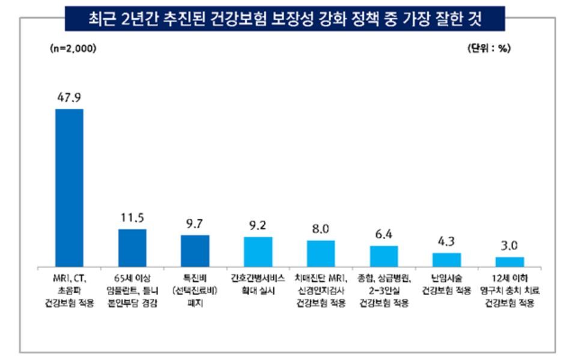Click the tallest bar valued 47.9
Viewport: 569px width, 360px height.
(69, 188)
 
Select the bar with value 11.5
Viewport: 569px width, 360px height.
(132, 248)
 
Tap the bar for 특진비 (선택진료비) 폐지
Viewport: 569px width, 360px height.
(195, 251)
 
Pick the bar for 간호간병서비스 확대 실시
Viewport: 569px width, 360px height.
(258, 252)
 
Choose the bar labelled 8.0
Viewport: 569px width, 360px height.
(321, 254)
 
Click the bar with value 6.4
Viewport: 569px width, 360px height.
(384, 257)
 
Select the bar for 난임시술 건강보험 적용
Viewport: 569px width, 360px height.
(447, 260)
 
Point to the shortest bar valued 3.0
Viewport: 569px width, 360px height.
(510, 262)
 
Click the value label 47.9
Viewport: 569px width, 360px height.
(69, 98)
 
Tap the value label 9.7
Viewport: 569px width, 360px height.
(195, 224)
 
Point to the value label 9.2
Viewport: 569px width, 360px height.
(258, 225)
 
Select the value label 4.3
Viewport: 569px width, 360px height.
(447, 242)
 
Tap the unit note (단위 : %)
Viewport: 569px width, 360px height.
(488, 49)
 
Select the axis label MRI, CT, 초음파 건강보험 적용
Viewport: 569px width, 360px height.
(69, 289)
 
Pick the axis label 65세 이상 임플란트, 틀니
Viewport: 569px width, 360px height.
(132, 284)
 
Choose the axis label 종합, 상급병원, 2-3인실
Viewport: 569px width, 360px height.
(384, 289)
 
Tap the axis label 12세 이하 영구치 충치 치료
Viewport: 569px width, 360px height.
(510, 289)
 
